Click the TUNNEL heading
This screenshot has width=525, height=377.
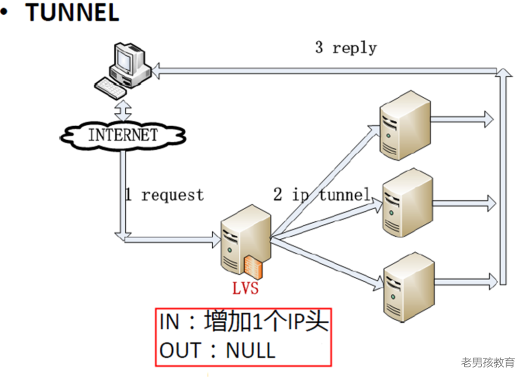(72, 13)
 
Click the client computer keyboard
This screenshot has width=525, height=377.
(111, 88)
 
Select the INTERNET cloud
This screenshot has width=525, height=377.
(123, 135)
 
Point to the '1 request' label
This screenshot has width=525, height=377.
(164, 195)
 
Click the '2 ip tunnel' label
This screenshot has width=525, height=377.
(321, 195)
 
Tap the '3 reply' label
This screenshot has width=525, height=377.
(346, 48)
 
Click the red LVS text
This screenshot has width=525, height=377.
(245, 288)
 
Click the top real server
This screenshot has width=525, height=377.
(405, 125)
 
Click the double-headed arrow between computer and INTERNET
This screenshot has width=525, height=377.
(123, 110)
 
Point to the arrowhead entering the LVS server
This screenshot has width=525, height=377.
(216, 239)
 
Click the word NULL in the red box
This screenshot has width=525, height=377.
(251, 350)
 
